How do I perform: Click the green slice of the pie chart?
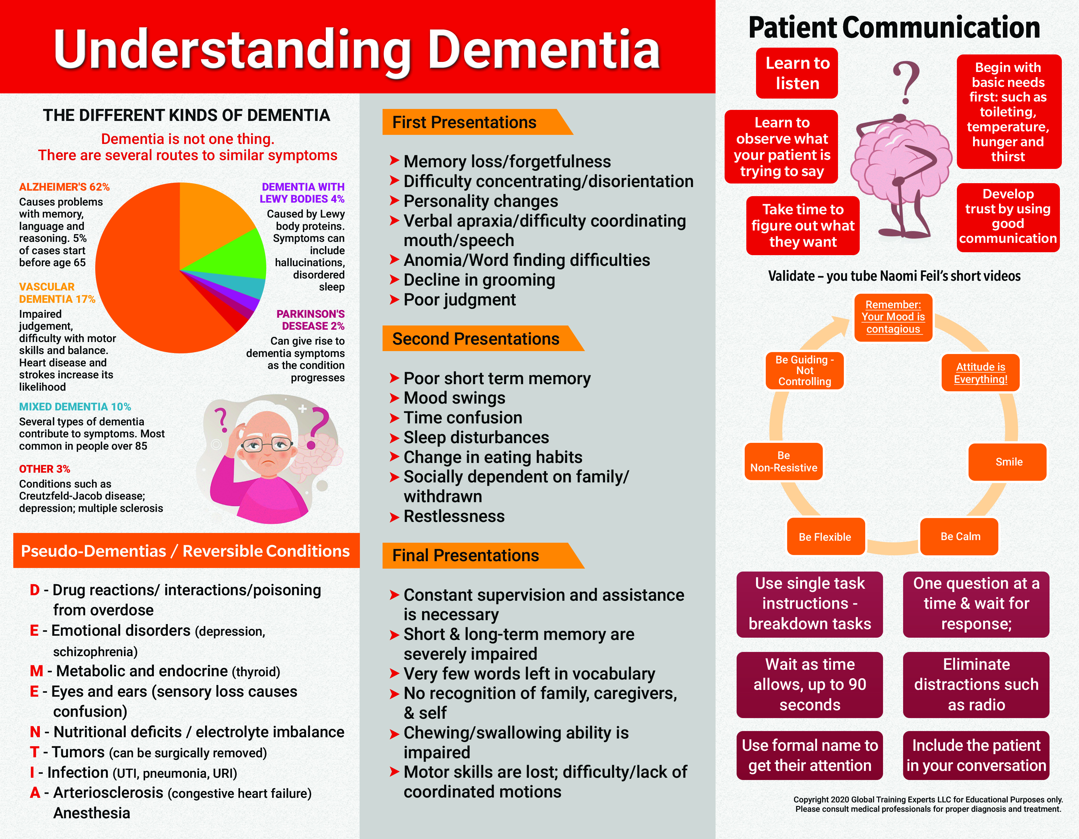[237, 254]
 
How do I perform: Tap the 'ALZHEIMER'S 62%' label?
[64, 187]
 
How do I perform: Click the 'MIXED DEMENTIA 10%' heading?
[75, 407]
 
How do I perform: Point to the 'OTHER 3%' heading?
[44, 469]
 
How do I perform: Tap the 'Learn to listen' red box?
[797, 73]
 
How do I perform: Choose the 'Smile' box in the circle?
[1008, 462]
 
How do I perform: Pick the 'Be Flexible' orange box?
[825, 537]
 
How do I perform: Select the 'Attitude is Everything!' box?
[981, 373]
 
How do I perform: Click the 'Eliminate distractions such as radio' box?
[976, 684]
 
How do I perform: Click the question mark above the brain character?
[907, 82]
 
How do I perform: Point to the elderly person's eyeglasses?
[267, 445]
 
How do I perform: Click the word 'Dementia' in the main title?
[544, 50]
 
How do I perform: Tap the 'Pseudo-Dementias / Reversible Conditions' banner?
[186, 551]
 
